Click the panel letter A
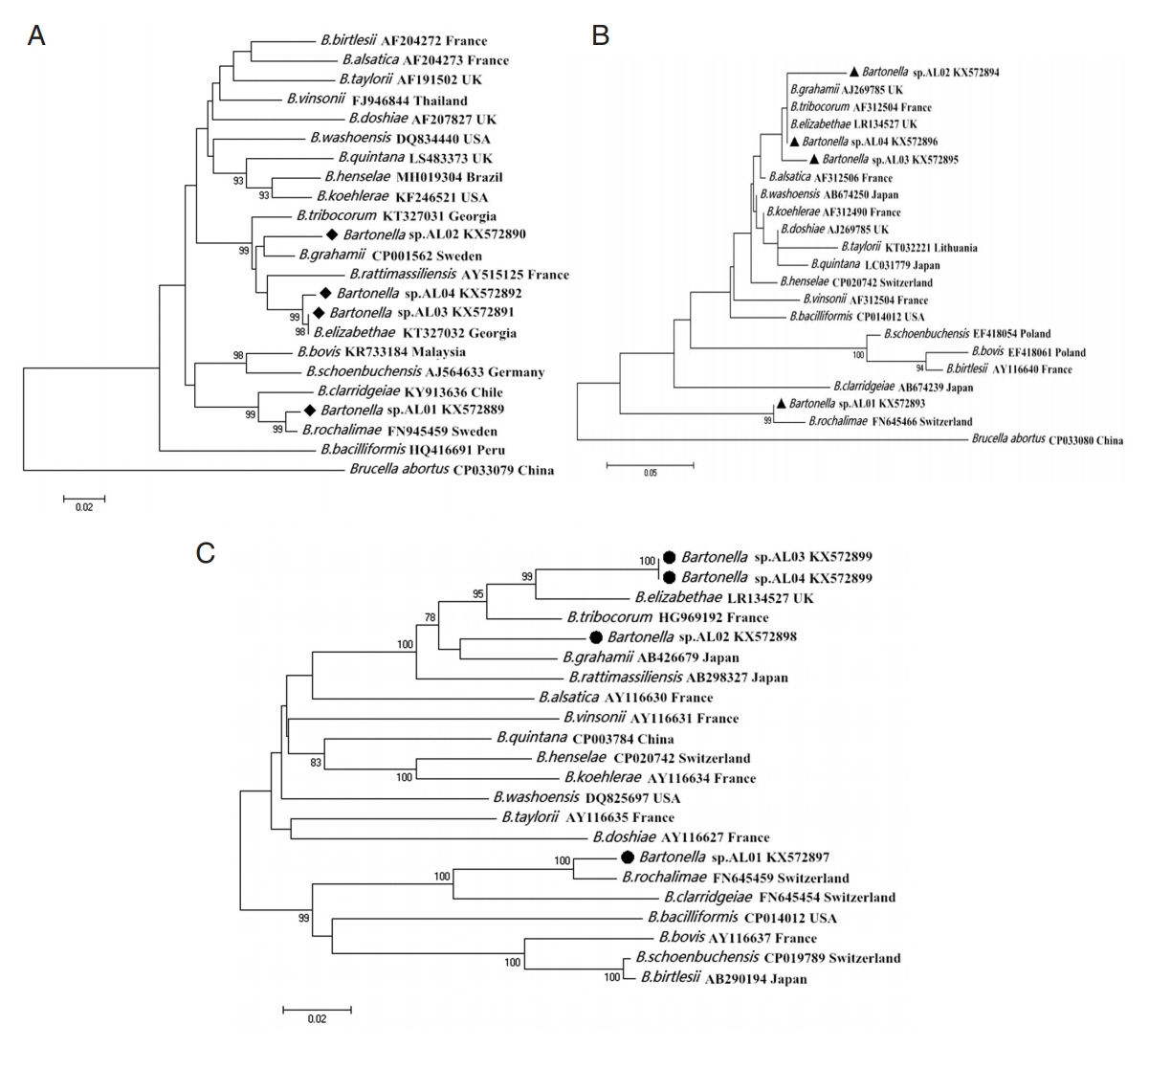coord(36,37)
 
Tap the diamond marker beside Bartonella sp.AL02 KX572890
coord(330,234)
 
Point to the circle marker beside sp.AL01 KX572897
coord(627,857)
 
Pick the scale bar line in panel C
coord(317,1008)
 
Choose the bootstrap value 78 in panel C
coord(430,618)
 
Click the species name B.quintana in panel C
coord(531,738)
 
